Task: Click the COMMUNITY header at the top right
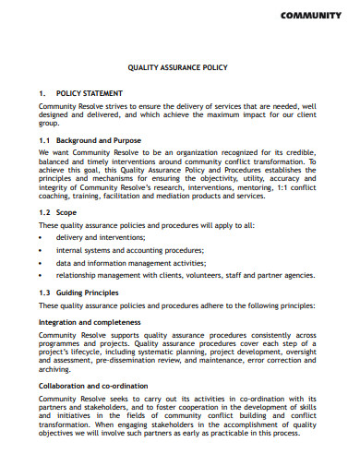pyautogui.click(x=315, y=16)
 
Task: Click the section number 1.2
pyautogui.click(x=45, y=212)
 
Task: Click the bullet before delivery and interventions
pyautogui.click(x=42, y=237)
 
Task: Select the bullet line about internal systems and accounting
pyautogui.click(x=130, y=249)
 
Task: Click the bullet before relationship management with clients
pyautogui.click(x=42, y=275)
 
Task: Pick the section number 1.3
pyautogui.click(x=45, y=293)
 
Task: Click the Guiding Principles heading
pyautogui.click(x=96, y=293)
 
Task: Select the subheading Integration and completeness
pyautogui.click(x=90, y=321)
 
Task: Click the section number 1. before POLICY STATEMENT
pyautogui.click(x=42, y=93)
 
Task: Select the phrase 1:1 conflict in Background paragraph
pyautogui.click(x=296, y=187)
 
